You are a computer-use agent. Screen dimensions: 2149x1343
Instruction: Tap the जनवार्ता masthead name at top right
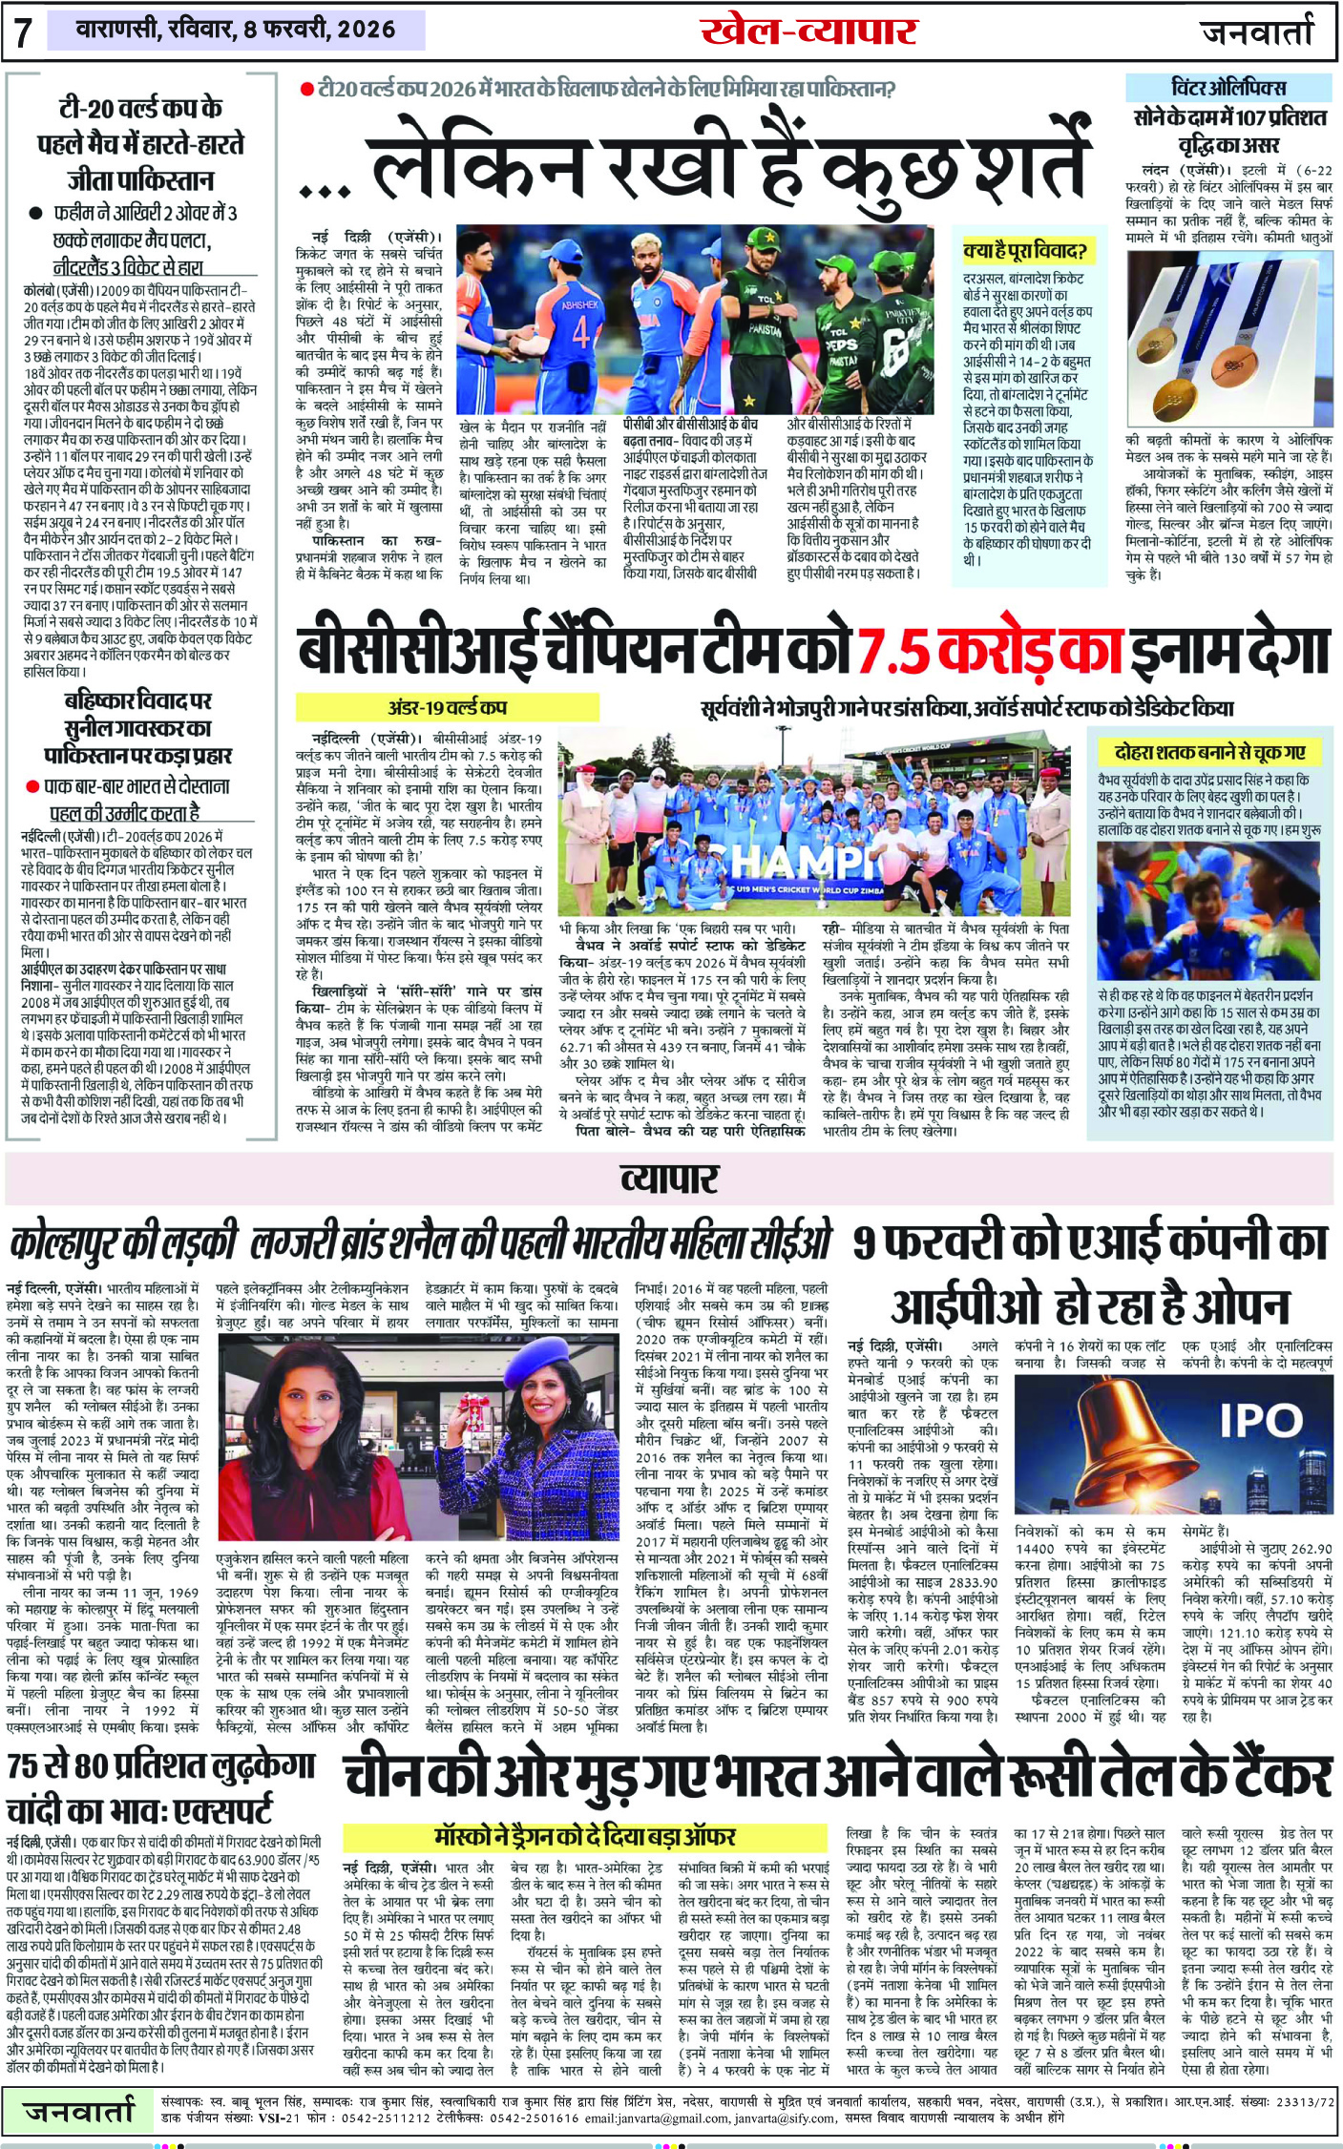[1257, 32]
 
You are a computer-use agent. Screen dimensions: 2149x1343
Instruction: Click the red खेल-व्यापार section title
[808, 31]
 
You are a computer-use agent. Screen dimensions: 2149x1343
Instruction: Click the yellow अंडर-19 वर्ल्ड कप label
[447, 708]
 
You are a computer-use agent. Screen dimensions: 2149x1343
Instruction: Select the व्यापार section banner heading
[669, 1179]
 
